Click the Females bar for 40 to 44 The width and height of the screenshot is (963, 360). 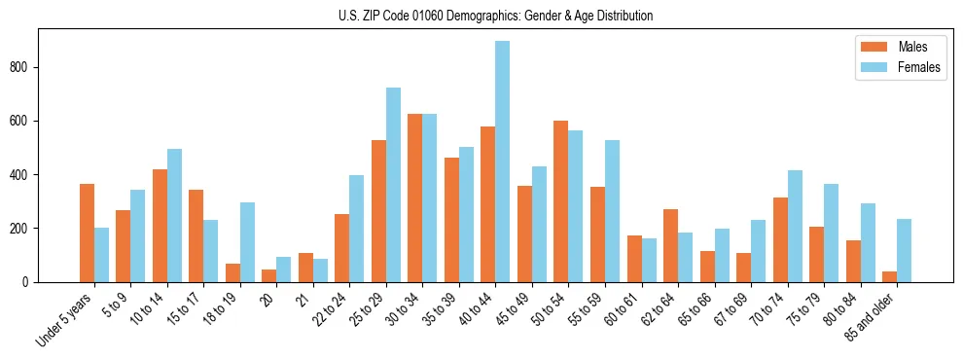coord(502,162)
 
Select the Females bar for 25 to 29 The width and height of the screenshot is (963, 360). coord(393,185)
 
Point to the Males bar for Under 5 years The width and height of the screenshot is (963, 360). coord(87,233)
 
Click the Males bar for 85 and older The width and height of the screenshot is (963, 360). coord(889,276)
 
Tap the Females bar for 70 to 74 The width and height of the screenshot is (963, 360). coord(795,226)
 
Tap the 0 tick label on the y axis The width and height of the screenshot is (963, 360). coord(28,282)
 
